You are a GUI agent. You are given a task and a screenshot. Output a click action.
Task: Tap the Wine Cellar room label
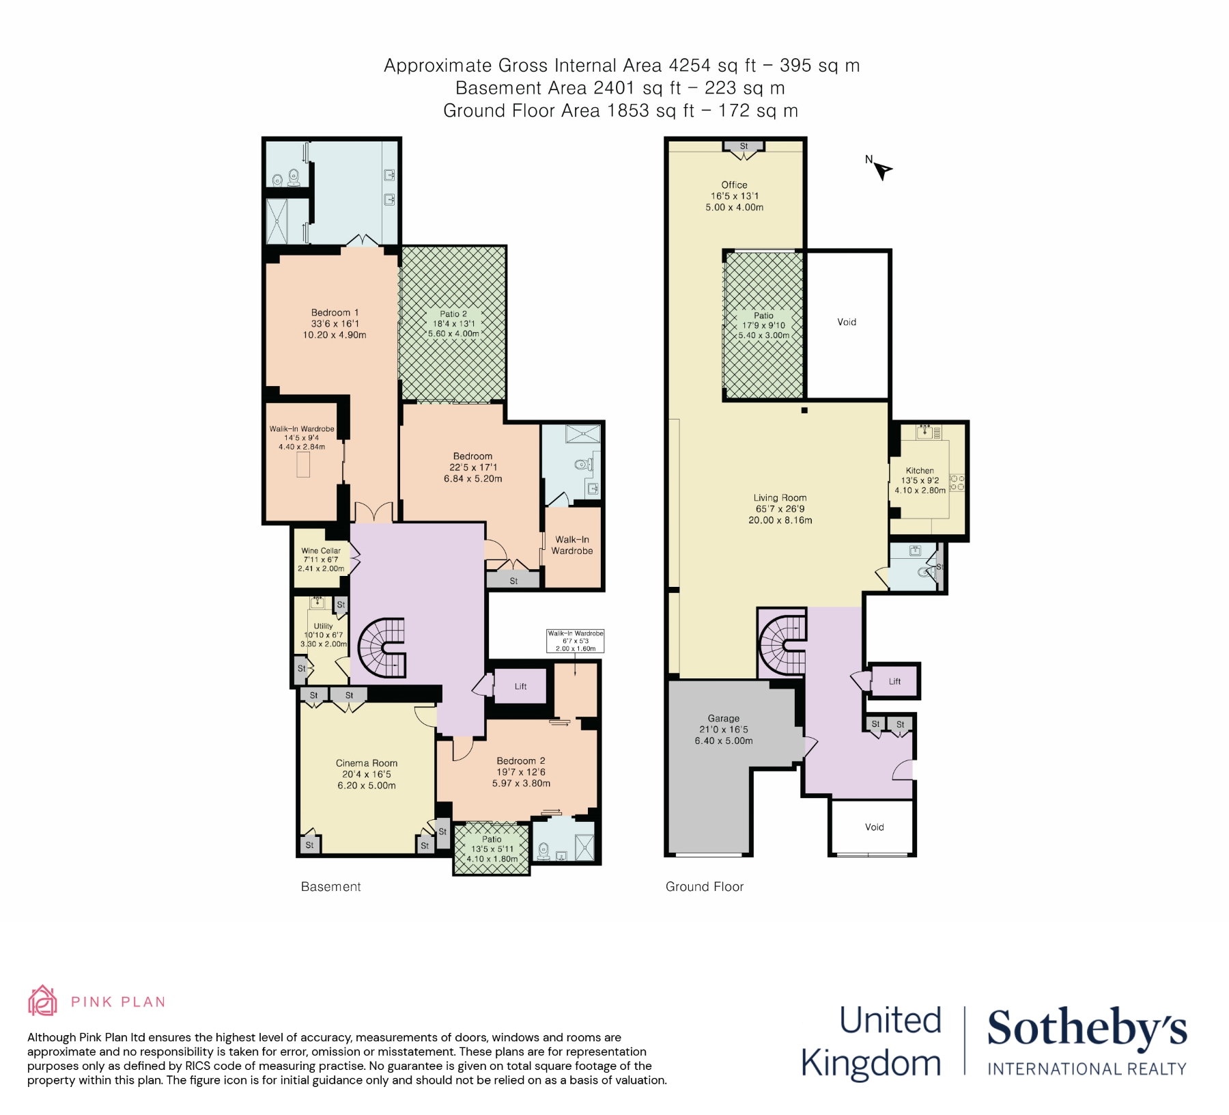(x=321, y=551)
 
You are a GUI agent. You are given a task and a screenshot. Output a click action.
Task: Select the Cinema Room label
(x=367, y=763)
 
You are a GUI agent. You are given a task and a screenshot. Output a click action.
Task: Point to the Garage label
(x=724, y=719)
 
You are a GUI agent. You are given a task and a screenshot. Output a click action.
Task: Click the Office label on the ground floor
(x=735, y=185)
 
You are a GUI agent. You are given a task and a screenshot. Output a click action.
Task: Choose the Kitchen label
(x=920, y=471)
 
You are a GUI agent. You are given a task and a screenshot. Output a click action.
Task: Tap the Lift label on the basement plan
(x=521, y=687)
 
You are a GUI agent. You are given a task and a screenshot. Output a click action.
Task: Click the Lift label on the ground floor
(x=895, y=681)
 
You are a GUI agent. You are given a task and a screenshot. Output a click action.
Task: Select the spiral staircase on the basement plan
(x=382, y=648)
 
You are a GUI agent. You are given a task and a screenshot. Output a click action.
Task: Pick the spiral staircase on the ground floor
(x=782, y=643)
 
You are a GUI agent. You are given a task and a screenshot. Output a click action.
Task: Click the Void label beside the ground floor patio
(x=847, y=322)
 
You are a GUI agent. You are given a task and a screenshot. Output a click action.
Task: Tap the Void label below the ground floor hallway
(x=875, y=827)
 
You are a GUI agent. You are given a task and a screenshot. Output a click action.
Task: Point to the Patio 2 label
(x=453, y=314)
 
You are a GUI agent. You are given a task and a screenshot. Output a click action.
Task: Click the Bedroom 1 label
(x=335, y=313)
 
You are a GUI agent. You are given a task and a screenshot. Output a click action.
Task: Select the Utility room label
(x=324, y=626)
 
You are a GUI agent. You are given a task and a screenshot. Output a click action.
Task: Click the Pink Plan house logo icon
(x=42, y=1001)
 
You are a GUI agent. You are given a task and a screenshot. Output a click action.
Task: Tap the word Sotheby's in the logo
(x=1087, y=1028)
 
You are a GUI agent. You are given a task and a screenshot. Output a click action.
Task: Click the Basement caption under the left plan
(x=331, y=887)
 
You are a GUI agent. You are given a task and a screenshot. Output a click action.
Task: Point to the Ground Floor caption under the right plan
(x=705, y=887)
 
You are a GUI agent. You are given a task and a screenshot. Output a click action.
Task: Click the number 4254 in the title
(x=690, y=66)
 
